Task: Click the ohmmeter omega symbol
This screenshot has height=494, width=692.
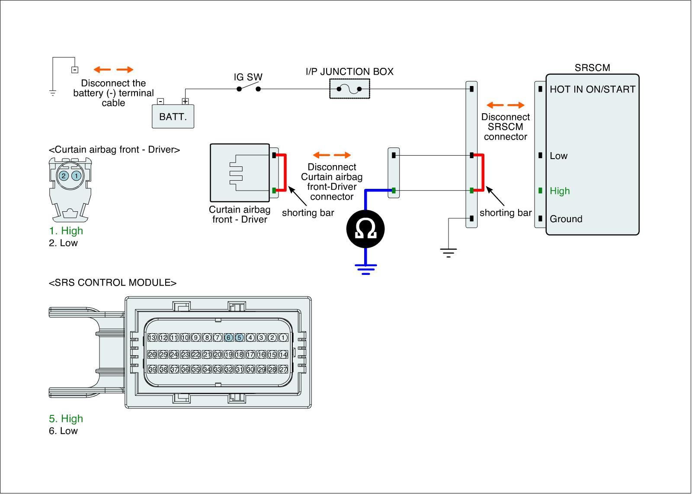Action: [365, 229]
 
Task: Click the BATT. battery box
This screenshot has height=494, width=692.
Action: [173, 116]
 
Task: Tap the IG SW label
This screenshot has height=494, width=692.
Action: [248, 77]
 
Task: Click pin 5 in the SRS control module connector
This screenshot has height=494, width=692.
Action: [239, 338]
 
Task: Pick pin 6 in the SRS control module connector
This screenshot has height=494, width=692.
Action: [228, 338]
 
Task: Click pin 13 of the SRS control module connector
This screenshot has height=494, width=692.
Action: [152, 338]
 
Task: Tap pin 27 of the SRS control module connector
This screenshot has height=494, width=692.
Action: [283, 370]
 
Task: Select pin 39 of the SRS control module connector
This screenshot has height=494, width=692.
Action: [152, 370]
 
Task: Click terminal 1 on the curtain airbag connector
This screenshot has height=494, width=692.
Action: [76, 175]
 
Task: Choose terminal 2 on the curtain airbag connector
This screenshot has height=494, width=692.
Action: [64, 175]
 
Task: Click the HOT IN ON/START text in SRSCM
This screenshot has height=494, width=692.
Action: [592, 89]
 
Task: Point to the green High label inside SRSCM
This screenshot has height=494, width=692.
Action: [560, 191]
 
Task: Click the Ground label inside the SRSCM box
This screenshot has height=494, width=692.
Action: [566, 219]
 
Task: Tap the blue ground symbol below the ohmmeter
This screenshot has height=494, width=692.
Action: [365, 269]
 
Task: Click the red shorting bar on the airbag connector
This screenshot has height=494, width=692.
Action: [284, 172]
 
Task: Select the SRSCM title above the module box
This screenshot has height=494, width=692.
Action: [592, 68]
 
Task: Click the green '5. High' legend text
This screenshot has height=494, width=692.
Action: [66, 419]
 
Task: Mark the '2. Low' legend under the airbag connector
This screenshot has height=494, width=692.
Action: [63, 243]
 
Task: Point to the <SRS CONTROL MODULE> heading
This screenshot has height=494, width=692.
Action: [112, 283]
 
